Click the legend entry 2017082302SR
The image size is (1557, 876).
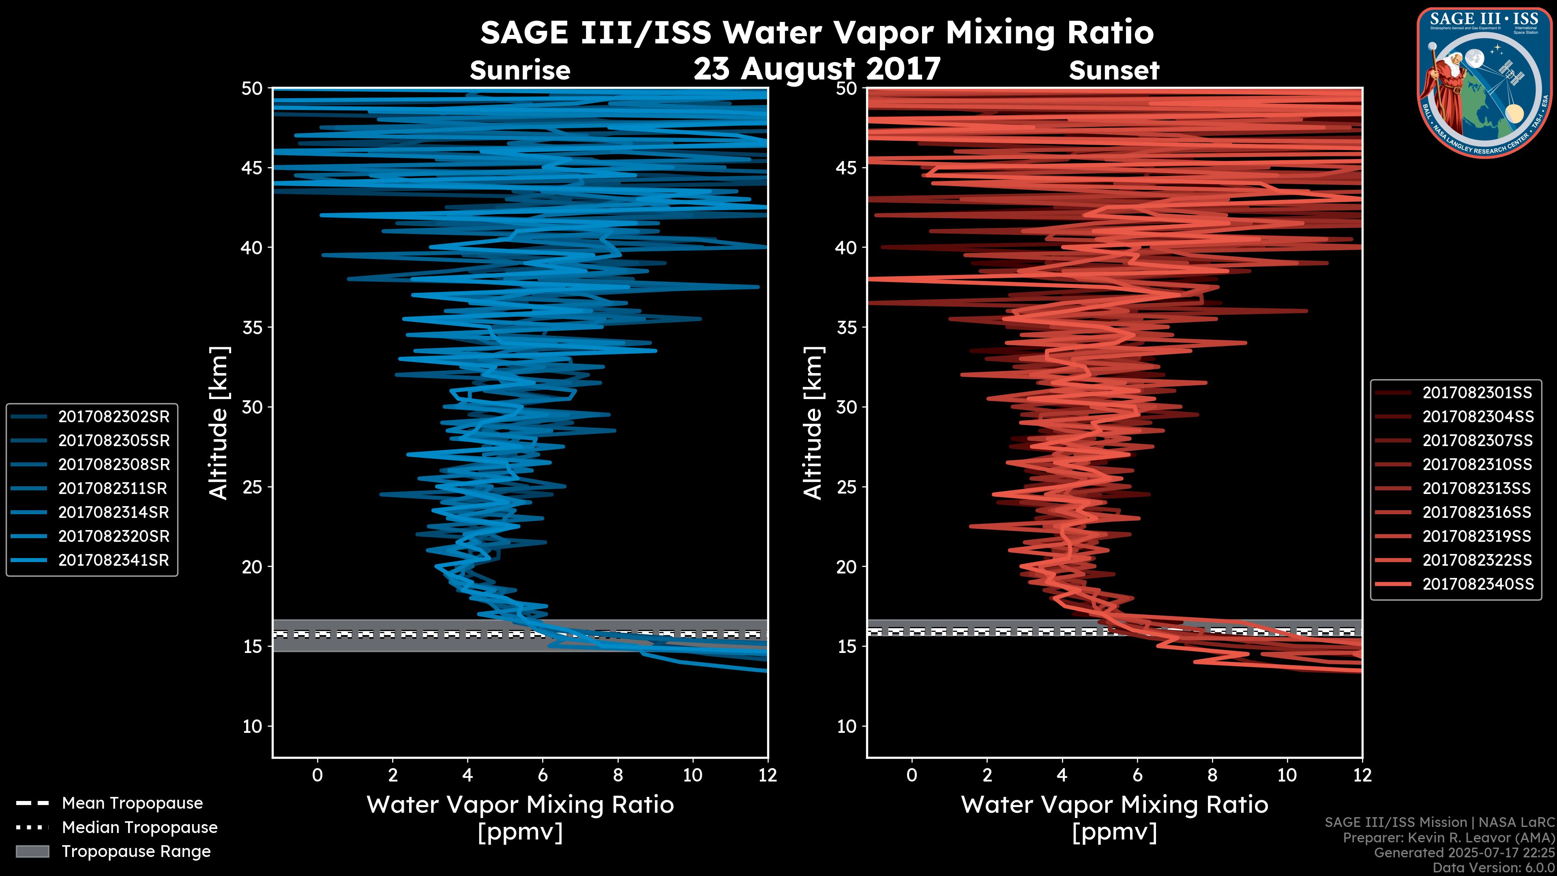[x=114, y=417]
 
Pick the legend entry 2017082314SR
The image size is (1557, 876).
[x=114, y=512]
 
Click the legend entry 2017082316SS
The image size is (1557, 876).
[x=1477, y=512]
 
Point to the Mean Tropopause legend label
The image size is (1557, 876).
[x=132, y=803]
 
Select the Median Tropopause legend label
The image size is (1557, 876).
[x=139, y=827]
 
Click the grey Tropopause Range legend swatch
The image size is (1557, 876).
[x=32, y=851]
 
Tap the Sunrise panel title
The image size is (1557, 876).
[x=520, y=71]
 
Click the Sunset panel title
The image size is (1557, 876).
[x=1114, y=71]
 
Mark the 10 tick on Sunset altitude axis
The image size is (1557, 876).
[x=847, y=726]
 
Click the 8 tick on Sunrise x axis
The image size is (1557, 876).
[x=618, y=775]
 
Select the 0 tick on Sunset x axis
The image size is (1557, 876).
[x=912, y=775]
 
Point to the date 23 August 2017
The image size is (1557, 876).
[x=817, y=69]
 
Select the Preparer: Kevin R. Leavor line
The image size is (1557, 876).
[x=1448, y=838]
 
